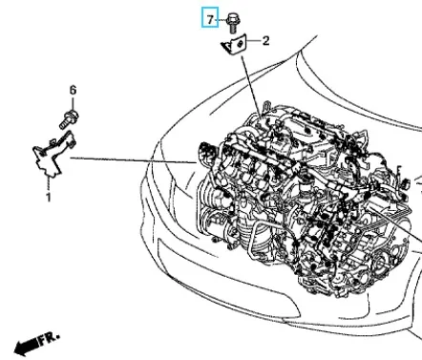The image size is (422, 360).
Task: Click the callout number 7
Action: pos(210,20)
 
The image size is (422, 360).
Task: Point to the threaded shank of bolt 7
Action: pos(233,30)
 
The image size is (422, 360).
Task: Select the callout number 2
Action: pos(265,41)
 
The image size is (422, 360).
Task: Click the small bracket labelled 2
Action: pos(235,45)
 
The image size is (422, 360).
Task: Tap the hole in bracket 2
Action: pos(241,43)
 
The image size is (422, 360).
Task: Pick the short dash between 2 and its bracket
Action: pos(253,41)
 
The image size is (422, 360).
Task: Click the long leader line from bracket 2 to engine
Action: pos(252,85)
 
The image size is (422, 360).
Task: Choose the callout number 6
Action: pos(73,91)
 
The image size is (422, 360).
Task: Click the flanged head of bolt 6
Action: pos(74,115)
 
